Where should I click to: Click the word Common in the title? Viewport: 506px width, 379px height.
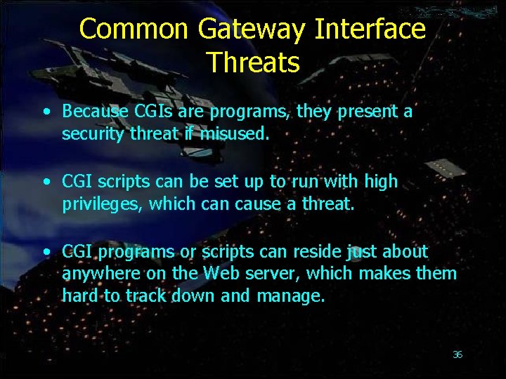(x=134, y=29)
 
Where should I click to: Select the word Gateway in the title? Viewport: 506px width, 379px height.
(x=252, y=29)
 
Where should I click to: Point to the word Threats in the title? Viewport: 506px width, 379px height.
(x=253, y=62)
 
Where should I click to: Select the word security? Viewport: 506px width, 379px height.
(x=93, y=133)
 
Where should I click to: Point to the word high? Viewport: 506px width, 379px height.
(x=380, y=182)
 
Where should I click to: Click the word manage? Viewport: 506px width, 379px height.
(x=290, y=295)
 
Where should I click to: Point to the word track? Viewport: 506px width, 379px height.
(x=147, y=295)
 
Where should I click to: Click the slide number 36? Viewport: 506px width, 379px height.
(x=458, y=354)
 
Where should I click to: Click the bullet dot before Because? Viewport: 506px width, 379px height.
(x=46, y=112)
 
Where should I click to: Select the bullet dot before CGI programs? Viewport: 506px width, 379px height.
(x=46, y=252)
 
